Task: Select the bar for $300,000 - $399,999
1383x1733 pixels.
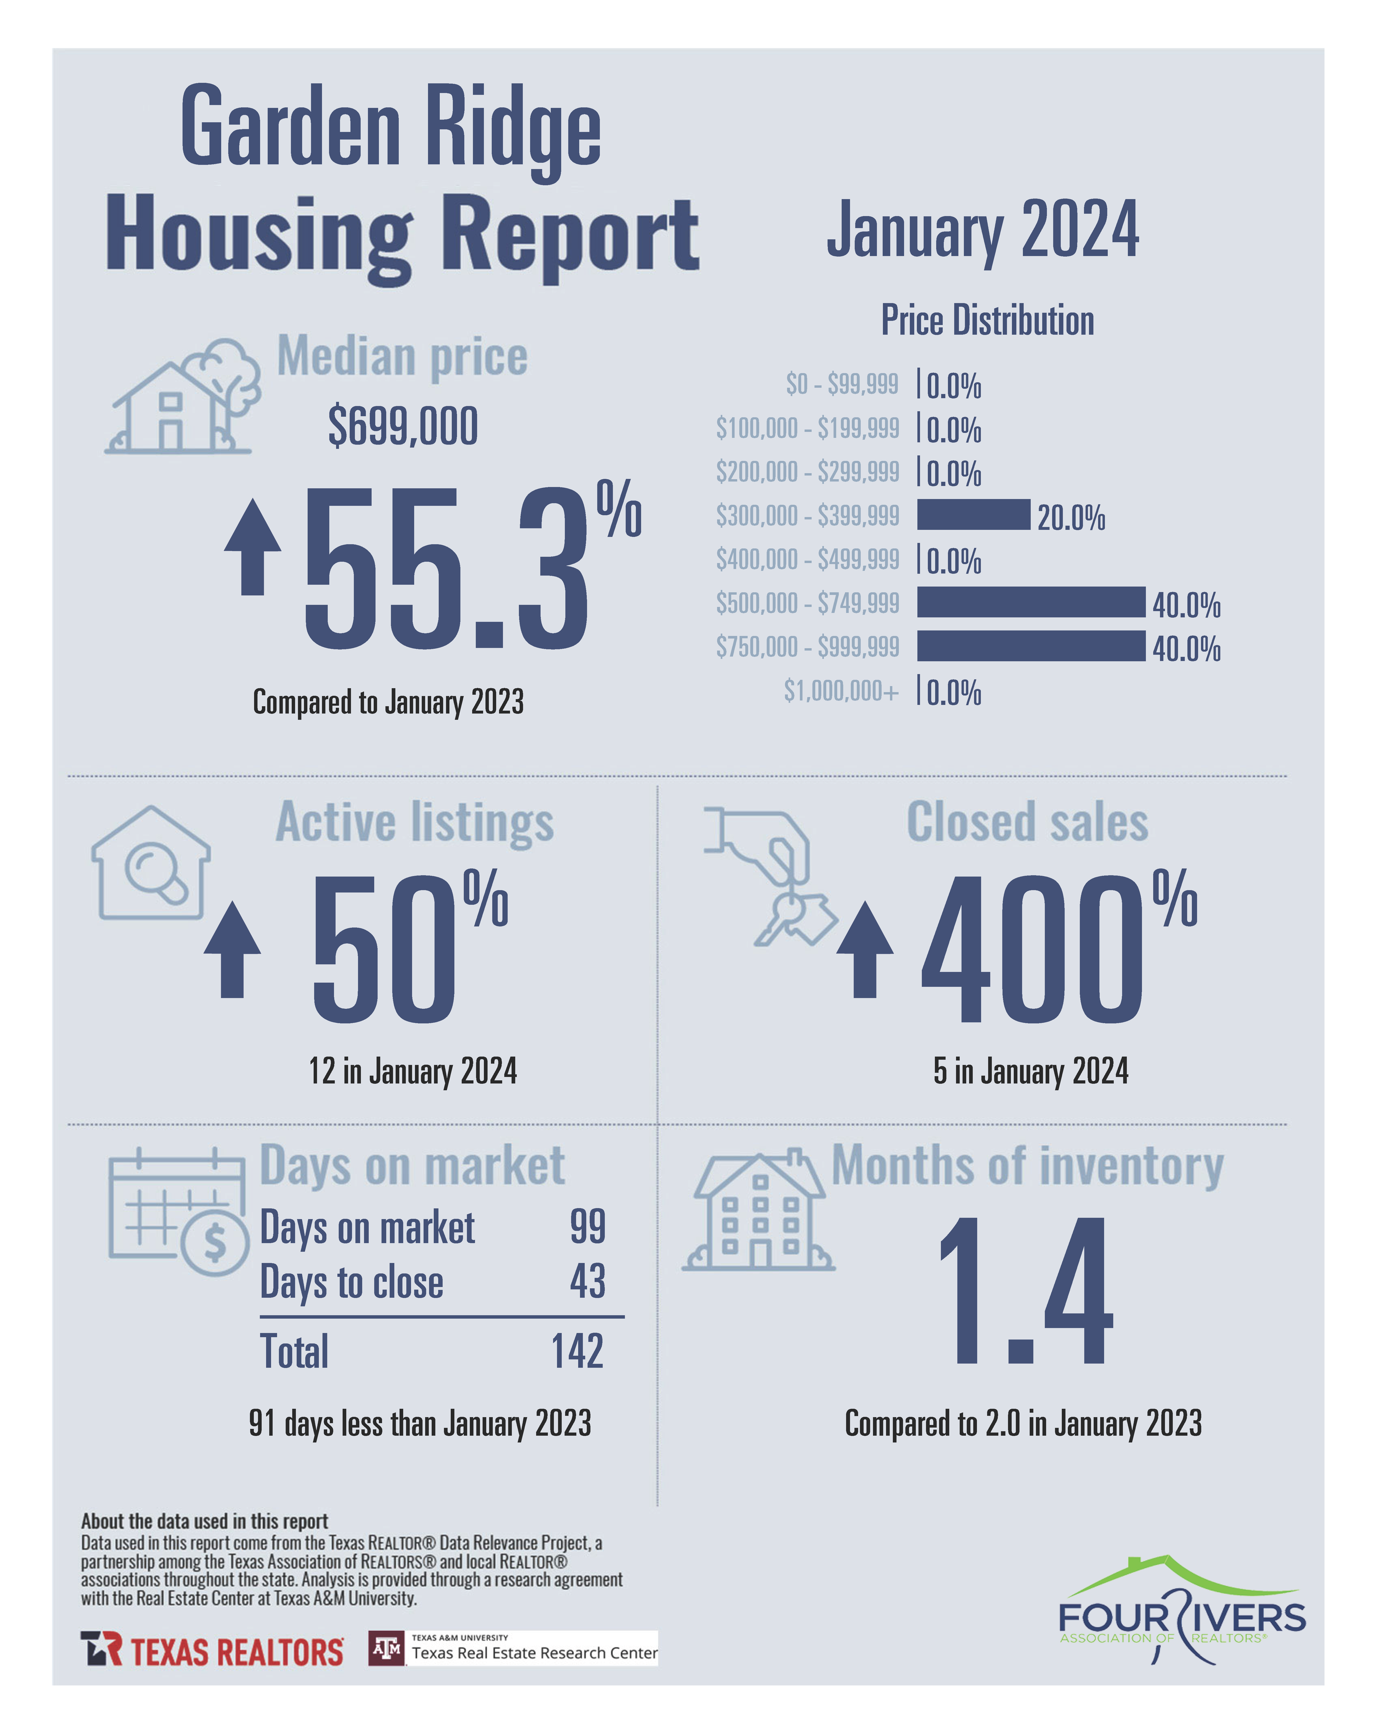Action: pyautogui.click(x=973, y=514)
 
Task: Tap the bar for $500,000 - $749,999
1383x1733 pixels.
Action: pyautogui.click(x=1030, y=602)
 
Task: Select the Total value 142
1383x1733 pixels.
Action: pyautogui.click(x=577, y=1351)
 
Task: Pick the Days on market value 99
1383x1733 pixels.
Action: pyautogui.click(x=587, y=1227)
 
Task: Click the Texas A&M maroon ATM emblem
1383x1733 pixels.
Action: pyautogui.click(x=386, y=1649)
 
